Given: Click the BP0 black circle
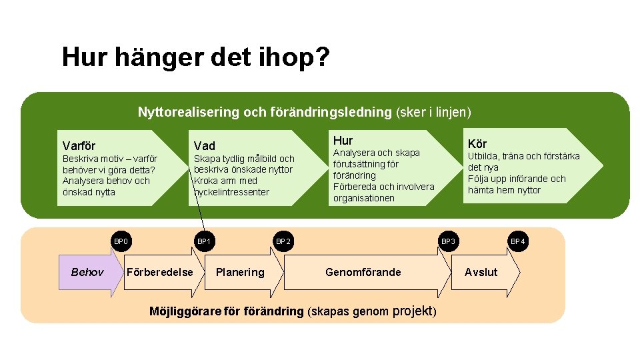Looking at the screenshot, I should click(121, 241).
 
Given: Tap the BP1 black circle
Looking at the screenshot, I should click(203, 241).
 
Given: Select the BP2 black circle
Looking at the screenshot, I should click(283, 241).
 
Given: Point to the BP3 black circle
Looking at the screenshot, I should click(448, 241).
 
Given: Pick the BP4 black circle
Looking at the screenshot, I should click(517, 241).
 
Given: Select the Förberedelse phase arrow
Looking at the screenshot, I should click(160, 272).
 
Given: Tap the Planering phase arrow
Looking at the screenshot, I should click(240, 272).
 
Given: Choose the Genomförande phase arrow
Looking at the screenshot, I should click(363, 272).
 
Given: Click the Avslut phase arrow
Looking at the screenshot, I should click(481, 272).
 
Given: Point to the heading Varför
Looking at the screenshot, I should click(79, 145).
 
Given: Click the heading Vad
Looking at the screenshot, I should click(205, 145).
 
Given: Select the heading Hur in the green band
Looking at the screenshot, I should click(343, 140).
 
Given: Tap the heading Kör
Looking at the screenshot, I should click(477, 143).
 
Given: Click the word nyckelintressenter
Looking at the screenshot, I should click(231, 192).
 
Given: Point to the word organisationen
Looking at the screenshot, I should click(364, 198).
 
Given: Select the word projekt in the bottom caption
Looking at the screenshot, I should click(413, 311).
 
